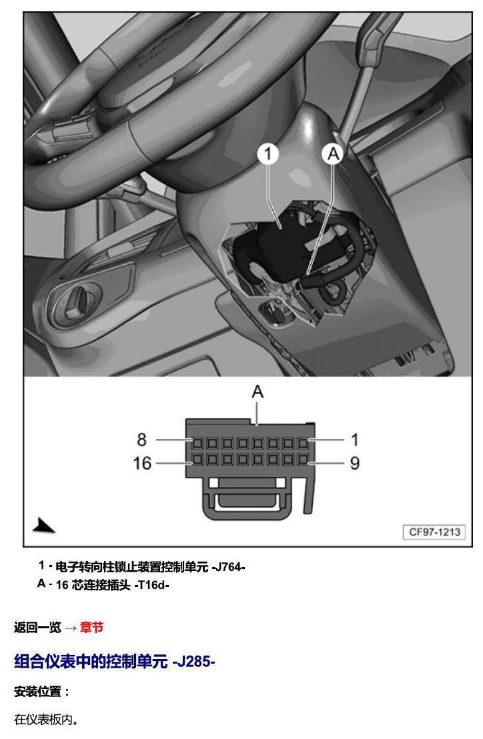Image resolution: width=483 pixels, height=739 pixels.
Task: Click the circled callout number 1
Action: coord(268,154)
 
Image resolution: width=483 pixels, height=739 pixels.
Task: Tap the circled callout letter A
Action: coord(333,154)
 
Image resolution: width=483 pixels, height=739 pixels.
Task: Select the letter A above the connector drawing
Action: coord(258,392)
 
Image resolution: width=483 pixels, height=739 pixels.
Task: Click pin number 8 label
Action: coord(141,440)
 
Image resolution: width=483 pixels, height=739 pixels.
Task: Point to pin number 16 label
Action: coord(142,464)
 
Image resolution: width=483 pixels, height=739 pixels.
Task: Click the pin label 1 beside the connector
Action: coord(355,440)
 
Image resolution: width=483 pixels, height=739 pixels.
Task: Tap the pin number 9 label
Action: coord(355,464)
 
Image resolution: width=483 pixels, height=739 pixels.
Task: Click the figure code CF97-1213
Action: coord(434,532)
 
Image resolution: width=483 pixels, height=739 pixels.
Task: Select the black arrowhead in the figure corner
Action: coord(44,526)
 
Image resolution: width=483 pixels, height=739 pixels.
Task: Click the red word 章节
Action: coord(91,628)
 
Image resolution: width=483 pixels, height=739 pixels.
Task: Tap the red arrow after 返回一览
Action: coord(70,628)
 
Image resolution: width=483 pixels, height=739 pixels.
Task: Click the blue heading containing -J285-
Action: coord(115,661)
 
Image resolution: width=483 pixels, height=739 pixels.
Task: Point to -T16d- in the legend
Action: coord(151,585)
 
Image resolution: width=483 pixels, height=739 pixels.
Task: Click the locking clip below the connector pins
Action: coord(250,500)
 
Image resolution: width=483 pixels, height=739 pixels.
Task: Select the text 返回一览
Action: coord(38,628)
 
